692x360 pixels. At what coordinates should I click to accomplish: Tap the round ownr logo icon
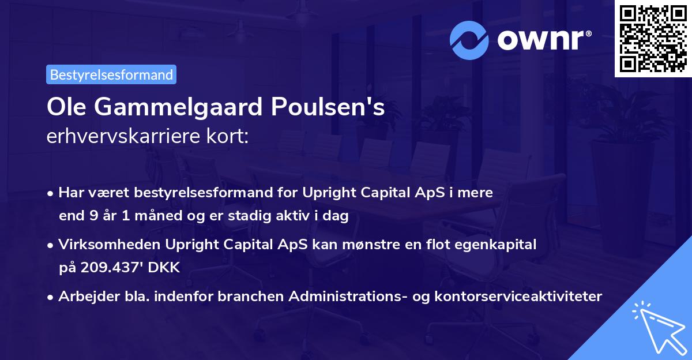tap(469, 40)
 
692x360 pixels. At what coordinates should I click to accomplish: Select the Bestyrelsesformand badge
tap(111, 74)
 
